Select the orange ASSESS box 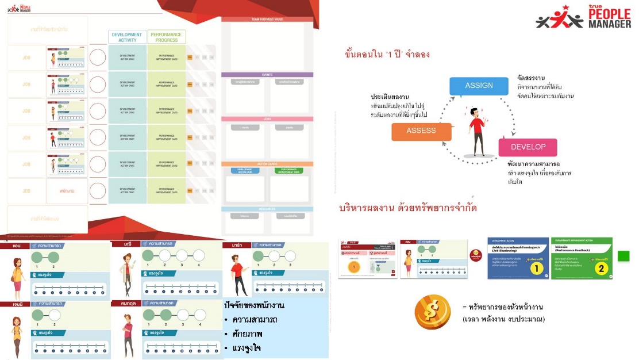[421, 131]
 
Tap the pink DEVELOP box [528, 147]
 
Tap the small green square [623, 256]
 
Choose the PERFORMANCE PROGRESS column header [166, 37]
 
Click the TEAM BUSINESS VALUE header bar [267, 19]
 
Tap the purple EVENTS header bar [267, 75]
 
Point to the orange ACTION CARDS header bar [267, 164]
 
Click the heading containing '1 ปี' [387, 55]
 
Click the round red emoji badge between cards [475, 254]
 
